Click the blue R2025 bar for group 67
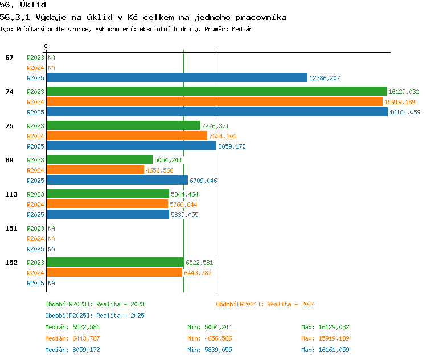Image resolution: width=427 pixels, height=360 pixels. click(176, 77)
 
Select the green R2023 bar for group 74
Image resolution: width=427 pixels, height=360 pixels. click(216, 91)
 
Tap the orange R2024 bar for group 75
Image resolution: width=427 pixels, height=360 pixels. click(127, 136)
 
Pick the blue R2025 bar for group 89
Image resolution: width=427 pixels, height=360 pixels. click(117, 180)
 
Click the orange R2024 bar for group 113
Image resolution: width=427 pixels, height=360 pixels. click(107, 204)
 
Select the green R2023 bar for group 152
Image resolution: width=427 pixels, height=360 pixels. click(115, 262)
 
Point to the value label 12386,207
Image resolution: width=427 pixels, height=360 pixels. click(325, 78)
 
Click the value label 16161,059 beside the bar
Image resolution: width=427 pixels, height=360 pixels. click(405, 112)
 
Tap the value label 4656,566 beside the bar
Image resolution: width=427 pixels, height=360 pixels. click(159, 170)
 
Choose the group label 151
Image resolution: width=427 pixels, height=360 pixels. click(11, 228)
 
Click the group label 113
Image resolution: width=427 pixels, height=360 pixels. click(11, 194)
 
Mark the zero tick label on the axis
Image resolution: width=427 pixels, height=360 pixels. click(46, 46)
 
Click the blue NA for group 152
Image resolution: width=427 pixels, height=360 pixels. click(51, 284)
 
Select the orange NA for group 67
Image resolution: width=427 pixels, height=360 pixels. click(51, 68)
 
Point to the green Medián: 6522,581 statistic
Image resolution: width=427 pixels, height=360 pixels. click(72, 327)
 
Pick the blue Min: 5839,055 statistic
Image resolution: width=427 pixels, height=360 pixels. click(210, 350)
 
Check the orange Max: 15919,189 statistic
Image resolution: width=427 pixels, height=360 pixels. click(325, 338)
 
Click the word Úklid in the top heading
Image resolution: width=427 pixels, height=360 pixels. click(33, 5)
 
